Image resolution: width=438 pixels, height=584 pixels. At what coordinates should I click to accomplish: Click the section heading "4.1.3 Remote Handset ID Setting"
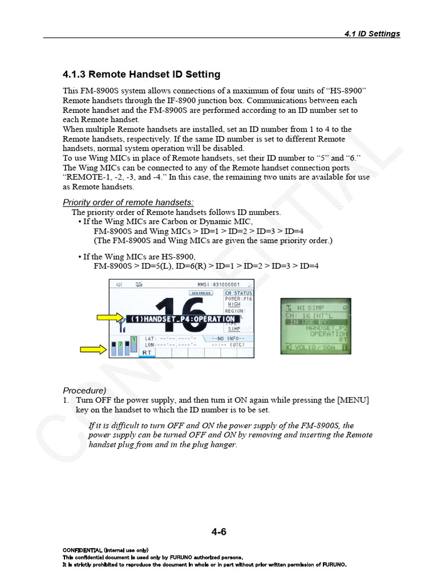pos(141,75)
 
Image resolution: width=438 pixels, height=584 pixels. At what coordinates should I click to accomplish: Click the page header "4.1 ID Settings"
pos(372,34)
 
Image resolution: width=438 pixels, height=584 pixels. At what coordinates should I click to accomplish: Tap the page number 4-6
pos(219,532)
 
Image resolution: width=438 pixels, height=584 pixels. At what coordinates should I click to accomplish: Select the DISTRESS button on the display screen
pos(201,293)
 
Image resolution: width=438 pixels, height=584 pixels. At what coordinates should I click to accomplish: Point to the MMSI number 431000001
pos(219,285)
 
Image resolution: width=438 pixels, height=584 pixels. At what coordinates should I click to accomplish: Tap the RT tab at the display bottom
pos(147,353)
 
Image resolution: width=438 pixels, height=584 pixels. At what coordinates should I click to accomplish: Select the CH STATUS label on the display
pos(238,293)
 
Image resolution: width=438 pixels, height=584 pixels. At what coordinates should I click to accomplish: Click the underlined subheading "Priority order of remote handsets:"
pos(128,202)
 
